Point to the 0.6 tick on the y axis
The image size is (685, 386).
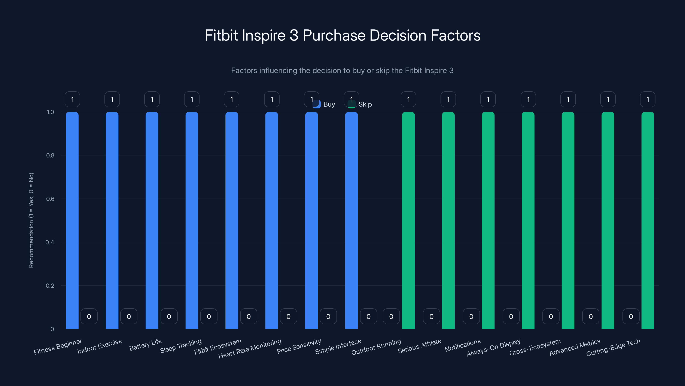(50, 199)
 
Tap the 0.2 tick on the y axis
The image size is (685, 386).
(50, 286)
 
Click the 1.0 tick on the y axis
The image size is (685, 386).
(51, 112)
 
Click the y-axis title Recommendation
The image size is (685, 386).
(31, 220)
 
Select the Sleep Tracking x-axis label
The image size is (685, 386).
(181, 346)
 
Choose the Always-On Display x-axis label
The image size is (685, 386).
(494, 347)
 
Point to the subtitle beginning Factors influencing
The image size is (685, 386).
(342, 71)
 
